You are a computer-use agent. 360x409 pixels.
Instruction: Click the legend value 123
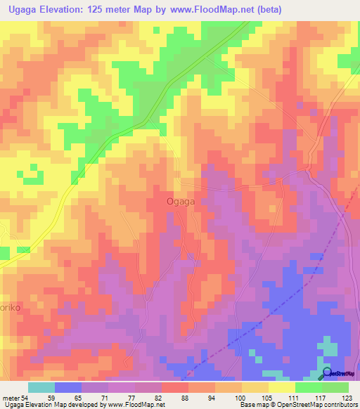347,398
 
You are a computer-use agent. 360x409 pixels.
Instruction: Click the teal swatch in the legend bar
41,387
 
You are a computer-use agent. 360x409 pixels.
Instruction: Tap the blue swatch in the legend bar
68,387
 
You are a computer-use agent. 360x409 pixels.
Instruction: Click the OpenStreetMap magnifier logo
327,373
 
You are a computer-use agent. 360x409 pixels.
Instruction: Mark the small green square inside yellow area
32,169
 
